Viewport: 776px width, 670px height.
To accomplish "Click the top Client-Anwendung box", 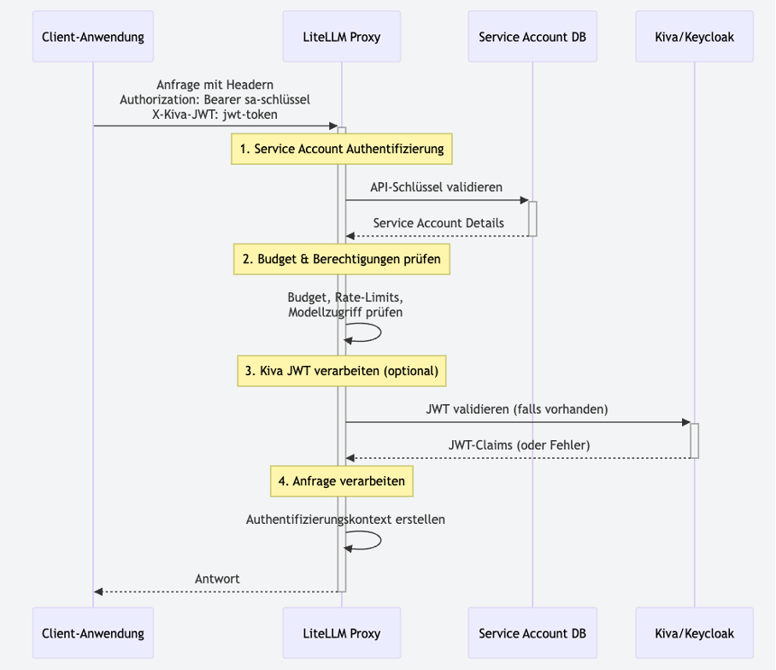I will click(93, 37).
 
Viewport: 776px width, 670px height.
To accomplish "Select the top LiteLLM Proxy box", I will click(341, 37).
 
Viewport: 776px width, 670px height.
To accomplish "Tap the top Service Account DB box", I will click(532, 37).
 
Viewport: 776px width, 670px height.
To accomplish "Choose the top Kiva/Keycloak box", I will click(694, 37).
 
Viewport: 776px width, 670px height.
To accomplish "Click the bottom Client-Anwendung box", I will click(93, 633).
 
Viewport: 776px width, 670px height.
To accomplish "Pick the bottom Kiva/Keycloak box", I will click(694, 633).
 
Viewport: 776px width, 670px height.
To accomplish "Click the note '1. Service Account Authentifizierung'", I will click(341, 149).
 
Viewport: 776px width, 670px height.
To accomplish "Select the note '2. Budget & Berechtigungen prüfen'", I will click(341, 259).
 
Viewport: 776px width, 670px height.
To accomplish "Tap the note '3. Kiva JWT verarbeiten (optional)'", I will click(341, 371).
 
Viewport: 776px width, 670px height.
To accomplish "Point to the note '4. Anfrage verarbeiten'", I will click(341, 481).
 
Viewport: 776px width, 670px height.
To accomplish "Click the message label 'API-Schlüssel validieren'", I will click(436, 186).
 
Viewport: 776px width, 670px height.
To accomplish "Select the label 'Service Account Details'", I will click(438, 222).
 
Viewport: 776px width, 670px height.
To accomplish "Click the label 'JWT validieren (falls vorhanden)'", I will click(516, 408).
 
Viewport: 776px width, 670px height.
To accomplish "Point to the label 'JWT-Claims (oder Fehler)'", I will click(519, 444).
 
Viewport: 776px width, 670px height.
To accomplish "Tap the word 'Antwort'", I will click(217, 579).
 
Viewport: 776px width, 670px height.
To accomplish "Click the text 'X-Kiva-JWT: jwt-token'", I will click(215, 114).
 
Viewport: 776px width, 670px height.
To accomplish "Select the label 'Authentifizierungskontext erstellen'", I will click(345, 519).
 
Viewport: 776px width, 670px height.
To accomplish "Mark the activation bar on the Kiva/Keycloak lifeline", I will click(694, 440).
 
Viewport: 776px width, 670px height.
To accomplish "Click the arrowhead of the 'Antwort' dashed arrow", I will click(98, 591).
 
